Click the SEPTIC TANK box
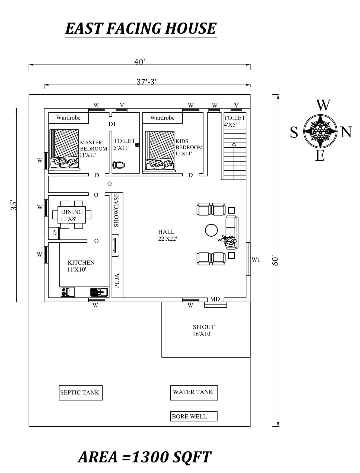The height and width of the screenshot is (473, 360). (81, 392)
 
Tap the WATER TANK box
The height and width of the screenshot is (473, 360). (194, 392)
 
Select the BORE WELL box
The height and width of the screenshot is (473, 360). (194, 416)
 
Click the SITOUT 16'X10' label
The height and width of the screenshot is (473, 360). (203, 330)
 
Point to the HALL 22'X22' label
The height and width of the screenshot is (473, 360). (167, 235)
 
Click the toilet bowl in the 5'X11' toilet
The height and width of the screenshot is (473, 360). (119, 165)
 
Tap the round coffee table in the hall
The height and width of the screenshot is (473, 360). (211, 230)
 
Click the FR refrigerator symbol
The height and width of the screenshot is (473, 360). (54, 233)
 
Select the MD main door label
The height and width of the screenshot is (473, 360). (215, 299)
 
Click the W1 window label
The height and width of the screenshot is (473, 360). (256, 259)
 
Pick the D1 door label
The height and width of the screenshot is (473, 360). (112, 124)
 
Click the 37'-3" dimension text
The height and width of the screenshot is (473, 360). (147, 82)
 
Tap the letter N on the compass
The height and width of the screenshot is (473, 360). (346, 132)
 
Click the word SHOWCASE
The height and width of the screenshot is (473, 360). (117, 210)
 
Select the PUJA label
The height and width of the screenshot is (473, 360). (117, 280)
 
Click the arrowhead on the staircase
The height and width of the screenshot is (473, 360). (234, 145)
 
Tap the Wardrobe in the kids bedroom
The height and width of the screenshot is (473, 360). (162, 118)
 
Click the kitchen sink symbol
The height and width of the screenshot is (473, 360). (99, 292)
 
